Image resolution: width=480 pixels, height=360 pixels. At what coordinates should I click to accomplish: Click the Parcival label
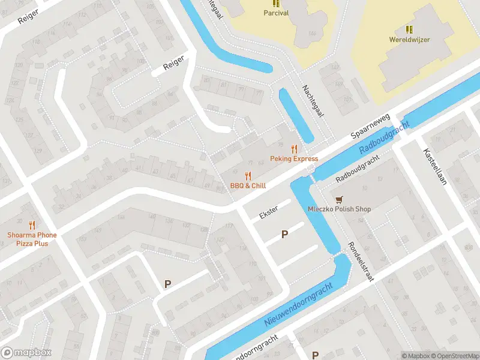coord(276,13)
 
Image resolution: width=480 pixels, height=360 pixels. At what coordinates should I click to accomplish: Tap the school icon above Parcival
coord(276,3)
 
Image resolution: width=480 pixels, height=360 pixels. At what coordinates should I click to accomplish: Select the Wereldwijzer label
coord(410,40)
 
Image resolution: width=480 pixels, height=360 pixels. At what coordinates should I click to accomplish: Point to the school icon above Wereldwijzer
coord(410,29)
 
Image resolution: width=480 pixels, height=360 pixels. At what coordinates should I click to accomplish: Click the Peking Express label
coord(294,159)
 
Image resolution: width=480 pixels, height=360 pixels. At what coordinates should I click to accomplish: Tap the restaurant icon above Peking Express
coord(294,149)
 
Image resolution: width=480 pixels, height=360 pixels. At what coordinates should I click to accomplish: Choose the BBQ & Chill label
coord(248,186)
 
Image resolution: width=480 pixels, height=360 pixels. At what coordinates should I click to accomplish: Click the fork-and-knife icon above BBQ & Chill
coord(248,176)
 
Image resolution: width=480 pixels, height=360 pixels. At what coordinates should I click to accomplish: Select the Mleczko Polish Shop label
coord(339,209)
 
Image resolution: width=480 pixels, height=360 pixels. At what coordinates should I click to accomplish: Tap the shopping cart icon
coord(340,199)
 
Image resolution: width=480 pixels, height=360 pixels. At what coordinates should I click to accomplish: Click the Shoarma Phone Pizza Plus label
coord(32,239)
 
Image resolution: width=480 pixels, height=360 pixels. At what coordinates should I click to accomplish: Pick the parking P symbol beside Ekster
coord(285,235)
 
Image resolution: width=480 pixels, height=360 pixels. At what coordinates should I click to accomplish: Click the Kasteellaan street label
coord(435,166)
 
